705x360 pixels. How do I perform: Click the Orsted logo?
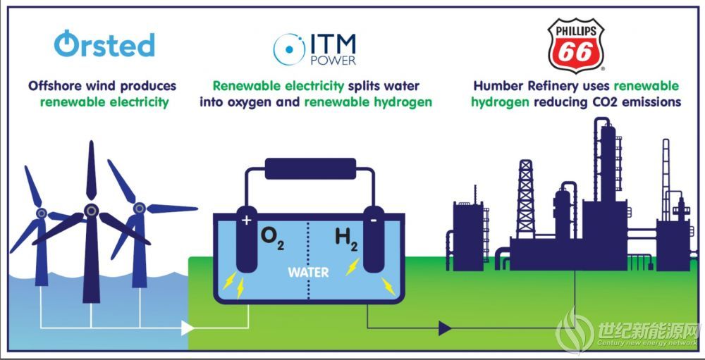coord(104,44)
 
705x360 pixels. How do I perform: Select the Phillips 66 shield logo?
coord(575,45)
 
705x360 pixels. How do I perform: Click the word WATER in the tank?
coord(308,272)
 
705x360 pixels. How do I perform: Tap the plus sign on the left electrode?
coord(246,221)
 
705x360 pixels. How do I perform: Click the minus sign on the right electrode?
coord(373,221)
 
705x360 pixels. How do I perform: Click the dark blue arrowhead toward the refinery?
coord(445,328)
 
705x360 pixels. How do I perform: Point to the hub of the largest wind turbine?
coord(91,210)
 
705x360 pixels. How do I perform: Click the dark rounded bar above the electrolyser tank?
coord(310,168)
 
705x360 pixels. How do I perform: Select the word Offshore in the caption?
coord(49,86)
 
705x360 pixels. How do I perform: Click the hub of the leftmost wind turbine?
coord(42,213)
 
